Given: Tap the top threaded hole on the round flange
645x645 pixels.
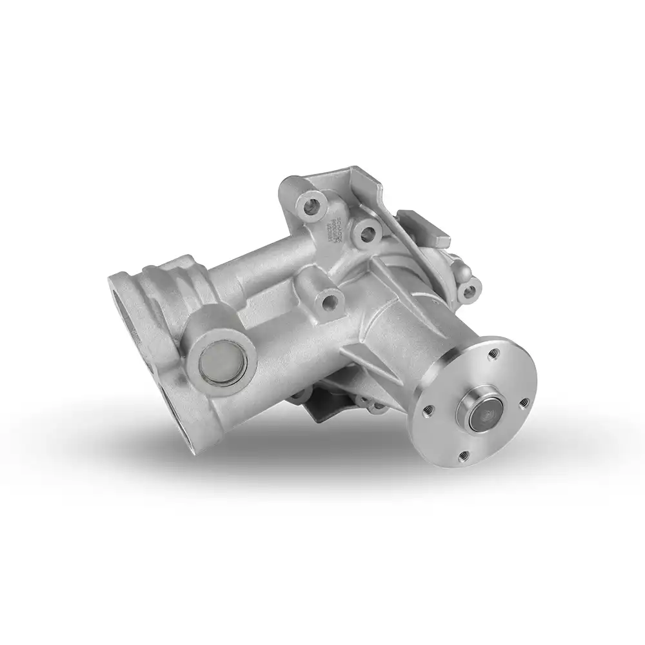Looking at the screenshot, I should tap(493, 353).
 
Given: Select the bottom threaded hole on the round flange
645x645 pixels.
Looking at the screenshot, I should tap(463, 457).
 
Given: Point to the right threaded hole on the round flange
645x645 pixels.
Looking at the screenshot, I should tap(524, 402).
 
